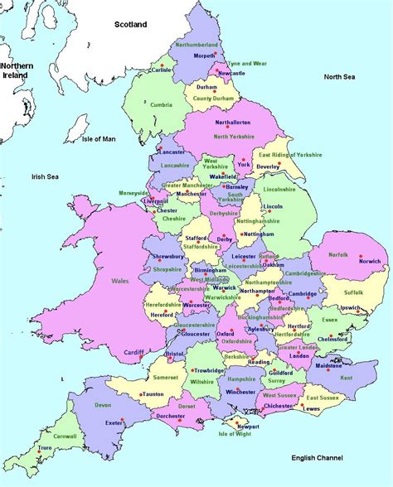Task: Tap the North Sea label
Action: click(339, 77)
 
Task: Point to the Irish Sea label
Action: click(49, 176)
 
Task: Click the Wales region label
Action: click(121, 282)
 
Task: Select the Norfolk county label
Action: click(338, 255)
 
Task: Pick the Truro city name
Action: click(48, 450)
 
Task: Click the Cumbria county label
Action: click(162, 104)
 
